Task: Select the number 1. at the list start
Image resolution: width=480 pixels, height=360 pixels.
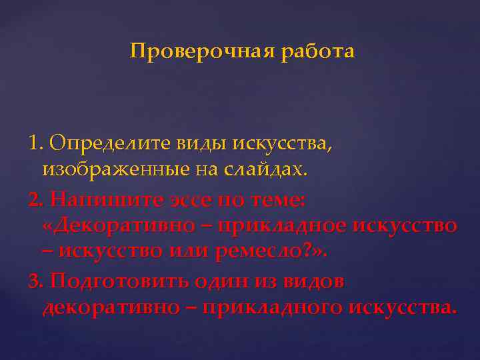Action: tap(36, 143)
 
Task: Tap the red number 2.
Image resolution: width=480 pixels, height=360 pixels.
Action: tap(36, 199)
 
